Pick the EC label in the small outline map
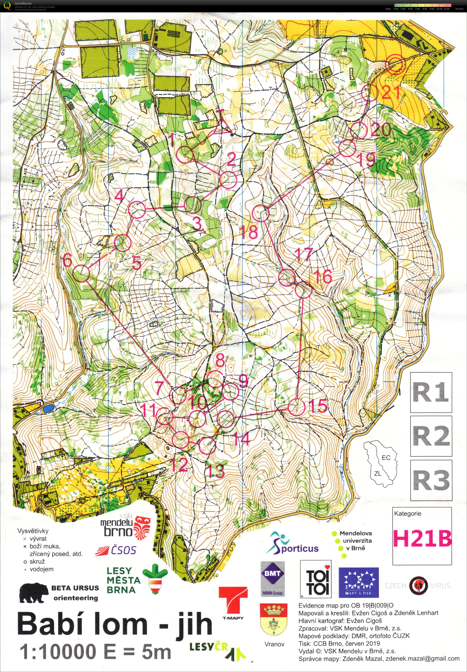(x=386, y=458)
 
